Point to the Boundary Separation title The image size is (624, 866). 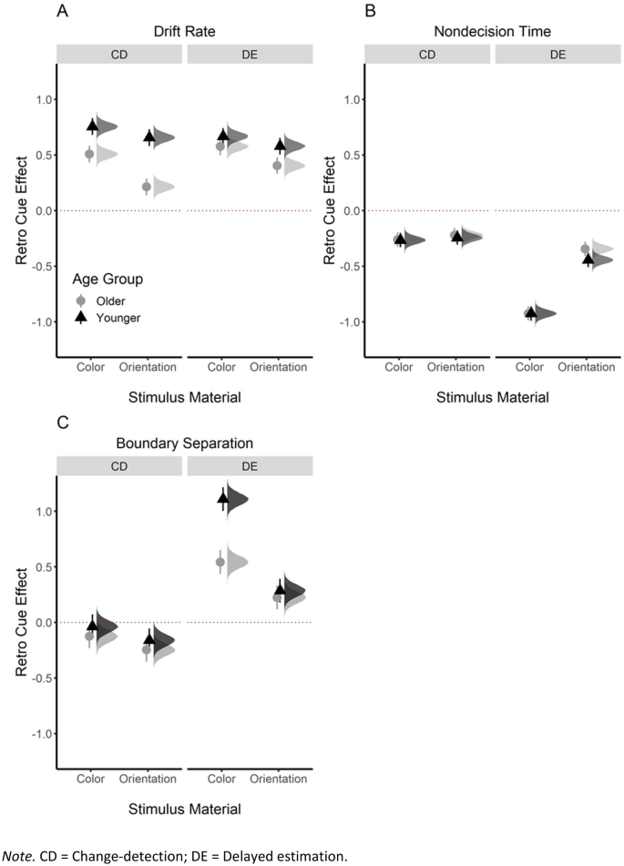click(185, 444)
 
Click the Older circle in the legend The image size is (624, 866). click(81, 300)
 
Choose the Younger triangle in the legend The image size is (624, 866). click(81, 317)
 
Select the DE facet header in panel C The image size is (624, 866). click(250, 465)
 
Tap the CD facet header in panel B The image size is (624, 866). click(427, 54)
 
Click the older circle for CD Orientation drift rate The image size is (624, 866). click(147, 187)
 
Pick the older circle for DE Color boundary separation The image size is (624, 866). click(220, 562)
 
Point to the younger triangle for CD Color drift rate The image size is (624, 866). click(92, 127)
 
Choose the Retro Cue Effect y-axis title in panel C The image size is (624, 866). click(21, 622)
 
